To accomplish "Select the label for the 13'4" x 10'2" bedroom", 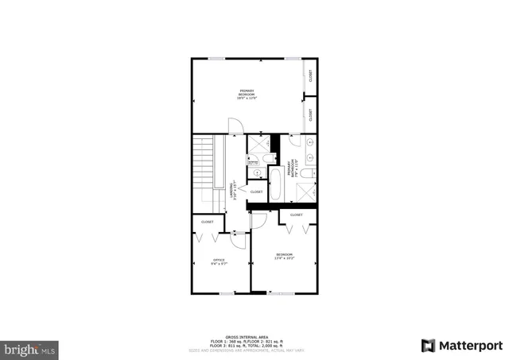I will (284, 256).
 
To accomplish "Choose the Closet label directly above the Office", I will (207, 222).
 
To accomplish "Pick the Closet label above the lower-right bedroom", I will (296, 215).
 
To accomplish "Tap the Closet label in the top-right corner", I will (310, 76).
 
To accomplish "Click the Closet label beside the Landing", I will (256, 192).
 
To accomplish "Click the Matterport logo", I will (461, 345).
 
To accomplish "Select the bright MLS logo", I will (31, 348).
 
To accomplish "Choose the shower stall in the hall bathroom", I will (258, 147).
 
